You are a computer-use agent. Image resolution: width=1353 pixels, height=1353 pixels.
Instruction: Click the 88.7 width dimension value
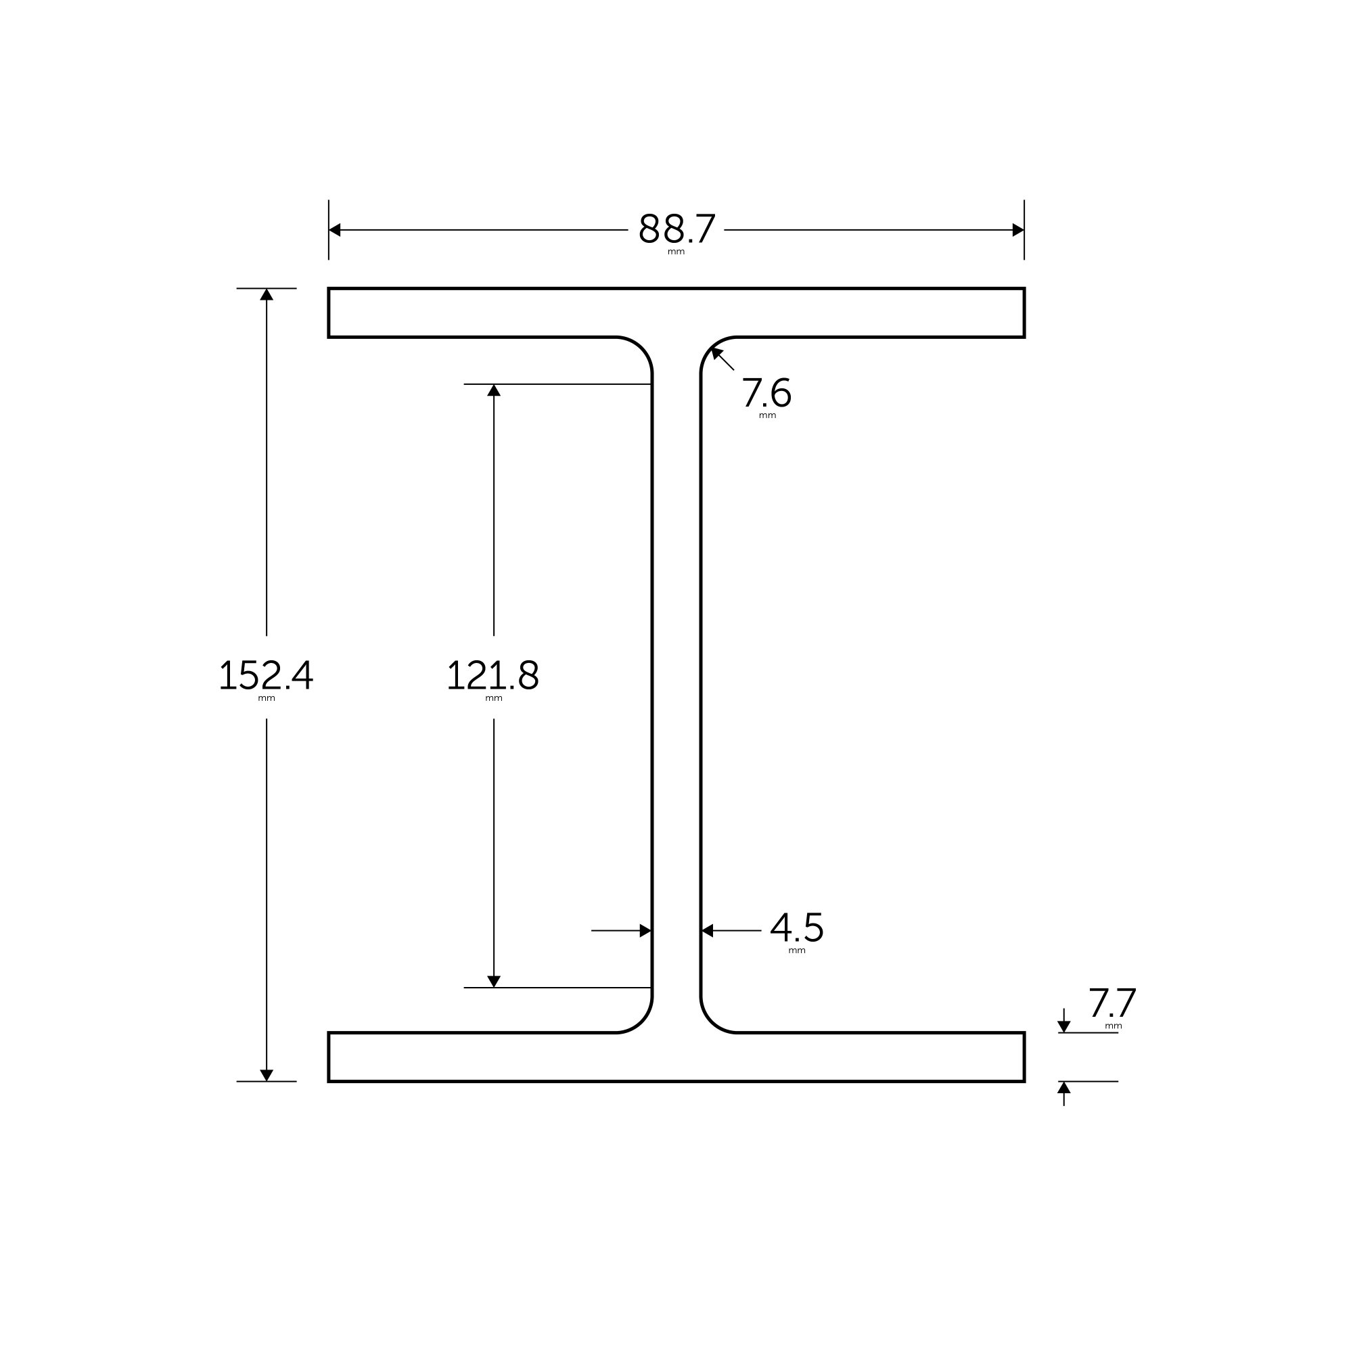676,229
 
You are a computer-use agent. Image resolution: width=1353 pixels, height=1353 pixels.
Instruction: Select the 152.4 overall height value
266,675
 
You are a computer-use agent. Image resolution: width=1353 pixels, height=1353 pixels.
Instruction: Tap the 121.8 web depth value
493,675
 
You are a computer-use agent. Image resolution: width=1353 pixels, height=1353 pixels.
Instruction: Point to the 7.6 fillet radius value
766,393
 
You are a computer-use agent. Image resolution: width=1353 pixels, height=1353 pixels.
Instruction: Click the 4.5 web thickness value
796,928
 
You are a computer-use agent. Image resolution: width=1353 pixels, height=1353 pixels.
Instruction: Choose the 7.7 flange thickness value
1112,1003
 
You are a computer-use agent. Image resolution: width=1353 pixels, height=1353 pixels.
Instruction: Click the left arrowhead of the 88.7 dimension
335,230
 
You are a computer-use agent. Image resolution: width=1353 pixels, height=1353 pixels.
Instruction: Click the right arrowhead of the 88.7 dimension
1017,230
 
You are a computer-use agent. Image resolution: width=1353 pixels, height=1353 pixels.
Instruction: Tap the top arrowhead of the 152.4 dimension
266,295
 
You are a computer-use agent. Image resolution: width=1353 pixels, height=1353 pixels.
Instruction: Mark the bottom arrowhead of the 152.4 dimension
266,1075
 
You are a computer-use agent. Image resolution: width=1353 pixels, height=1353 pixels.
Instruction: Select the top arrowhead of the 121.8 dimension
494,391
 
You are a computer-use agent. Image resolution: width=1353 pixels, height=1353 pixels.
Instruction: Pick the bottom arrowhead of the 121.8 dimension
494,981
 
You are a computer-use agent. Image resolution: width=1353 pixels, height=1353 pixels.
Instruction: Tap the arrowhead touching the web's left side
645,931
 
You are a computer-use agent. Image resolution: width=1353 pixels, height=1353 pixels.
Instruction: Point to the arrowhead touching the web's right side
708,931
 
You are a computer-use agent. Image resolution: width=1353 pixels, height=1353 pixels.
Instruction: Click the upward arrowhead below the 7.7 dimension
1063,1088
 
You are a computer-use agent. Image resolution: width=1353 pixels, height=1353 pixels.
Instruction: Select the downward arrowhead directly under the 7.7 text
1063,1027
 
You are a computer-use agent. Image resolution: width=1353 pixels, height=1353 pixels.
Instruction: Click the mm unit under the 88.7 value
676,252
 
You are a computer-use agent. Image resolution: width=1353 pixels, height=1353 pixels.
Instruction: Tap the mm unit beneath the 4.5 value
796,951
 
